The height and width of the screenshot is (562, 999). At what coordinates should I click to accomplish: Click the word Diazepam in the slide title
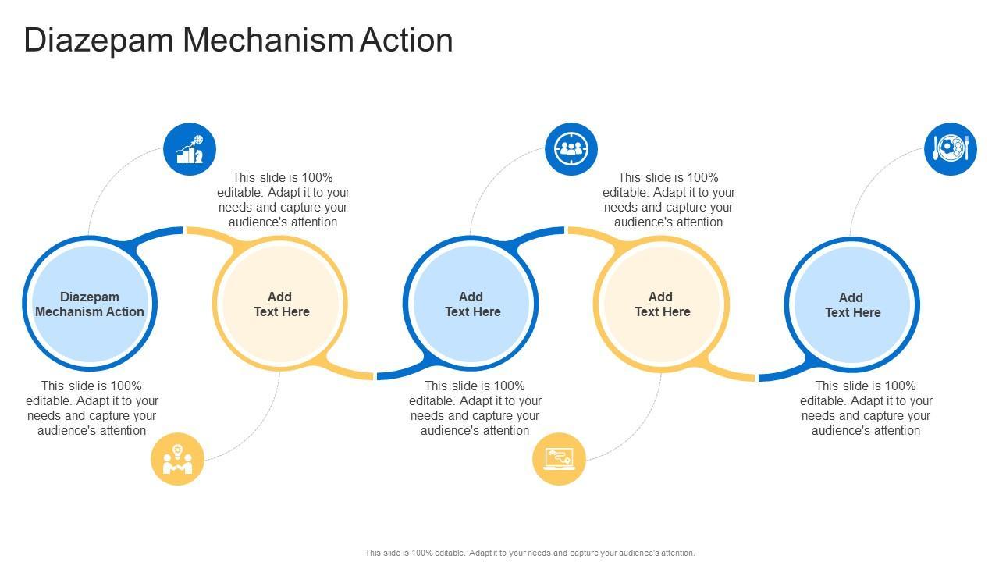(x=98, y=41)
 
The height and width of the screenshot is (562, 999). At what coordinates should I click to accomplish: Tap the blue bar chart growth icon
(x=190, y=149)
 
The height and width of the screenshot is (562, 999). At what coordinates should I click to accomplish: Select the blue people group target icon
(x=571, y=149)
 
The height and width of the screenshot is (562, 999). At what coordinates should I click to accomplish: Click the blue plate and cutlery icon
(x=950, y=148)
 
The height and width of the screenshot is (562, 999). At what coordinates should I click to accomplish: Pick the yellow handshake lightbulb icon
(x=177, y=459)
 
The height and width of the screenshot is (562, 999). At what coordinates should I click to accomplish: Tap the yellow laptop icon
(x=559, y=459)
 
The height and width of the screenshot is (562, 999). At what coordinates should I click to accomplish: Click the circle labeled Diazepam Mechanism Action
(x=90, y=304)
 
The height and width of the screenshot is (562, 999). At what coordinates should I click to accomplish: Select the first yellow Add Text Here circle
(x=280, y=304)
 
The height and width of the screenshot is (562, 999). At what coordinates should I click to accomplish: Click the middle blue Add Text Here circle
(x=471, y=304)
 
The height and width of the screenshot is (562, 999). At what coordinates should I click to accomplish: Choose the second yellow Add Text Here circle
(x=661, y=304)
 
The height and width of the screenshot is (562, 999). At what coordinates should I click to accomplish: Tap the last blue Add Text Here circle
(x=851, y=304)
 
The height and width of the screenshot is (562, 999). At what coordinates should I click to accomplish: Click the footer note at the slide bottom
(x=530, y=553)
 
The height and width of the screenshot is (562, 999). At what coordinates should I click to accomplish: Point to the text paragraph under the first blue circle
(x=92, y=408)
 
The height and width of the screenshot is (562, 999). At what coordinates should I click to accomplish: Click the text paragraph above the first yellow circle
(x=283, y=200)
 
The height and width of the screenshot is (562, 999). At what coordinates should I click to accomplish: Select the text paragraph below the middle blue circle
(x=475, y=408)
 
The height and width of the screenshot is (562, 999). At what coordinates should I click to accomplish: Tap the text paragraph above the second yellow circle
(x=669, y=200)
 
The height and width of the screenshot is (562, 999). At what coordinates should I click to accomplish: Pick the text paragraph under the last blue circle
(x=866, y=408)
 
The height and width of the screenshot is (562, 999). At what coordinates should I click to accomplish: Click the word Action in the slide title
(x=407, y=41)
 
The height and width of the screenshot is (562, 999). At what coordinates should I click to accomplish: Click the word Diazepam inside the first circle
(x=90, y=297)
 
